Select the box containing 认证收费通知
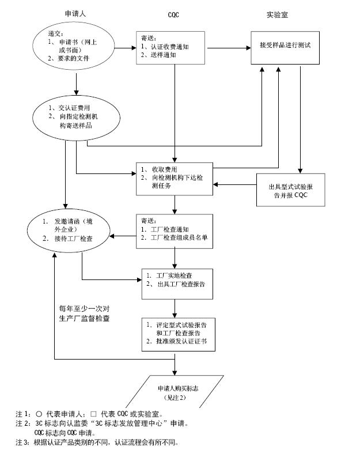click(172, 48)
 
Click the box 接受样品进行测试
click(285, 45)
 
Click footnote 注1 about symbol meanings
click(89, 414)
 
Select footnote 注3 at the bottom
click(97, 443)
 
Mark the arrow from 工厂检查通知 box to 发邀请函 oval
click(124, 235)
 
